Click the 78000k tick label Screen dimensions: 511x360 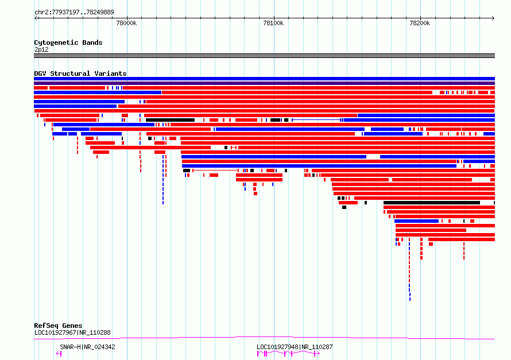point(126,23)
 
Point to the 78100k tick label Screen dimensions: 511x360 point(273,23)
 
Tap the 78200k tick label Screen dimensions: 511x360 point(420,23)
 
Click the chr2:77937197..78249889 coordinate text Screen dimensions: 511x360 point(74,12)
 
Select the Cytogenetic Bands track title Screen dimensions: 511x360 point(68,42)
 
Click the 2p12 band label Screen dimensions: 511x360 point(41,49)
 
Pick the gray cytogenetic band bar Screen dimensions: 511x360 point(264,56)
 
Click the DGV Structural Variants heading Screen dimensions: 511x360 point(80,73)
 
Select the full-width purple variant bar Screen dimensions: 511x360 point(264,83)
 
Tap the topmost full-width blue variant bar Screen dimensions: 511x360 point(264,79)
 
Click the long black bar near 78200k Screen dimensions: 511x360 point(432,203)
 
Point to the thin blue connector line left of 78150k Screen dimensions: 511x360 point(316,120)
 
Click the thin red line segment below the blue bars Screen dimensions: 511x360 point(215,171)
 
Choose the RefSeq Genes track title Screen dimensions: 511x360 point(58,326)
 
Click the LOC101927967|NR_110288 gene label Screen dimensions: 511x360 point(72,332)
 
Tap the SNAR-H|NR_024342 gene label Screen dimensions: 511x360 point(87,347)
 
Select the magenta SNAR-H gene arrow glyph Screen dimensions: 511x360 point(59,354)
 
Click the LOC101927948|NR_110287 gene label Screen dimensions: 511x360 point(295,347)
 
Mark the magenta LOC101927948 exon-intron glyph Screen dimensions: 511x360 point(288,354)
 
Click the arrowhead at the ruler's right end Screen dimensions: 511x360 point(493,18)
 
